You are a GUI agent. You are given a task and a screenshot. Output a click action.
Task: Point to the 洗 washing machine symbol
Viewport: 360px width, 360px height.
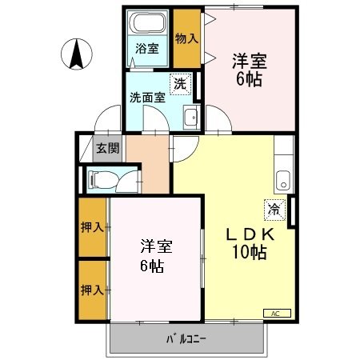click(181, 82)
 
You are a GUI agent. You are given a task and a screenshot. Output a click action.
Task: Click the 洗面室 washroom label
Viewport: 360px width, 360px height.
click(147, 98)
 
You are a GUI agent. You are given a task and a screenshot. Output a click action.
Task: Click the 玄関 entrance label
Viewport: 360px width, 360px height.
click(108, 147)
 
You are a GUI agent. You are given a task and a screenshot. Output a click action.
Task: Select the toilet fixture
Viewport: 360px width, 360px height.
click(103, 178)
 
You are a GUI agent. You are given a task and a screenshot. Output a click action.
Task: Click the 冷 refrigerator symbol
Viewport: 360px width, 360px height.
click(274, 210)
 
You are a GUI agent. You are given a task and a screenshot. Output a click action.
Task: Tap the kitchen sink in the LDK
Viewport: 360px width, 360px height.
click(282, 178)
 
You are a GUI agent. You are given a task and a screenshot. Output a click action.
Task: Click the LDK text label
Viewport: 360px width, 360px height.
click(250, 234)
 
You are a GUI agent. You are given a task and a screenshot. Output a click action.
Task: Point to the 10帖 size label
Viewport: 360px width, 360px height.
click(250, 254)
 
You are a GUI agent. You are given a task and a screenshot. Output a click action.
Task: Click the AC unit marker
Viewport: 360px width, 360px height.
click(276, 313)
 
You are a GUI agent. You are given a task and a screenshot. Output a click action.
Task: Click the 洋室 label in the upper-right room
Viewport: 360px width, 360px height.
click(250, 62)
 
